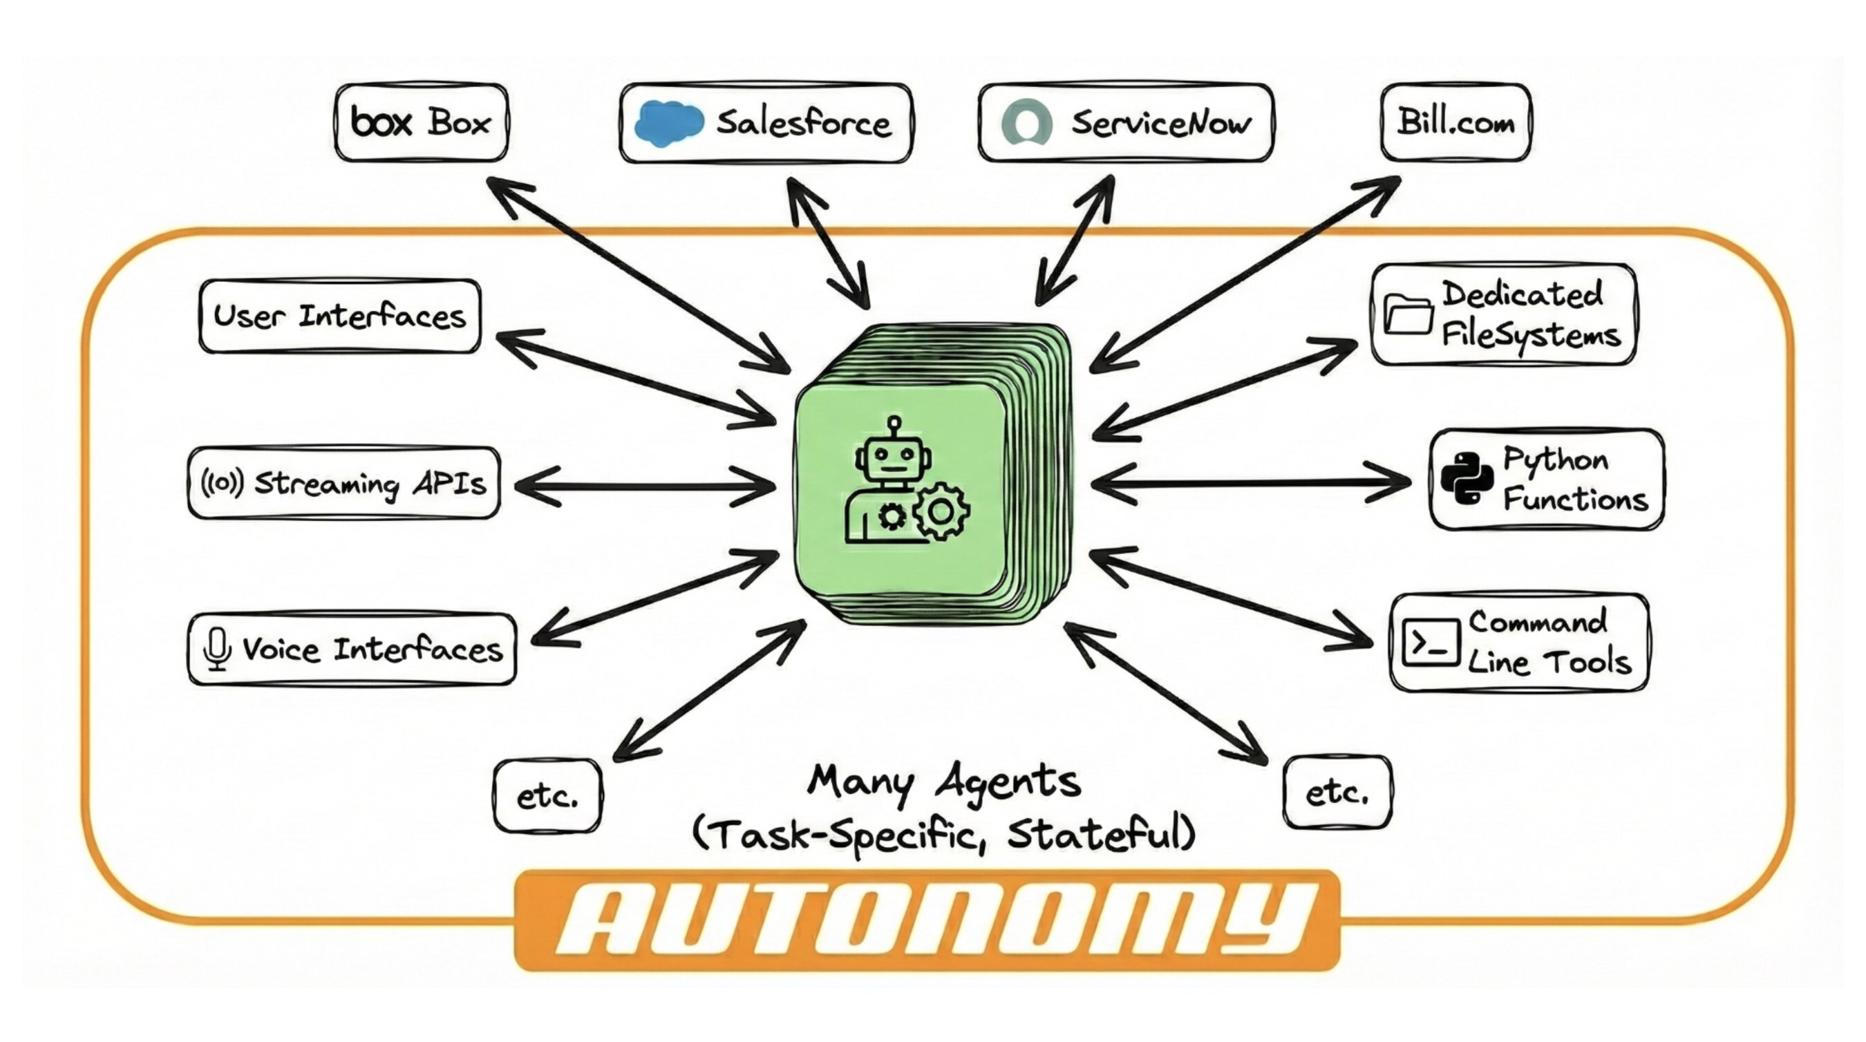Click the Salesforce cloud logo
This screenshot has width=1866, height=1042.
point(668,123)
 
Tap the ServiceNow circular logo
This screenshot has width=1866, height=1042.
point(1026,122)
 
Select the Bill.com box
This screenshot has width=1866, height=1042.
point(1455,122)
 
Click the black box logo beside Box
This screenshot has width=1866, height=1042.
point(381,122)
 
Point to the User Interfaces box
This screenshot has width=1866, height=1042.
point(340,316)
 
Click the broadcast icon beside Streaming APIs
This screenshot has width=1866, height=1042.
point(222,482)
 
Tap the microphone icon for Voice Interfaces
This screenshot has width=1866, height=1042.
point(216,649)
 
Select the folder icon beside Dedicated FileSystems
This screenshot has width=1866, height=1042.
point(1408,315)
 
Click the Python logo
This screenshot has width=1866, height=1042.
point(1466,479)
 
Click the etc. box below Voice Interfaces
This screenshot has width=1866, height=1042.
point(547,796)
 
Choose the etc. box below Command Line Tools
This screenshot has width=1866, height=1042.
point(1337,792)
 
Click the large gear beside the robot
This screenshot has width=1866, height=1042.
point(941,512)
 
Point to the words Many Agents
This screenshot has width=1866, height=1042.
point(944,782)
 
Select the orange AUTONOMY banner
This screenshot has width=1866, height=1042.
point(927,920)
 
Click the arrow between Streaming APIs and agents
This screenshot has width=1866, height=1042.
point(645,485)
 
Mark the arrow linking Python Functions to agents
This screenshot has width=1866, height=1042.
point(1250,482)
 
